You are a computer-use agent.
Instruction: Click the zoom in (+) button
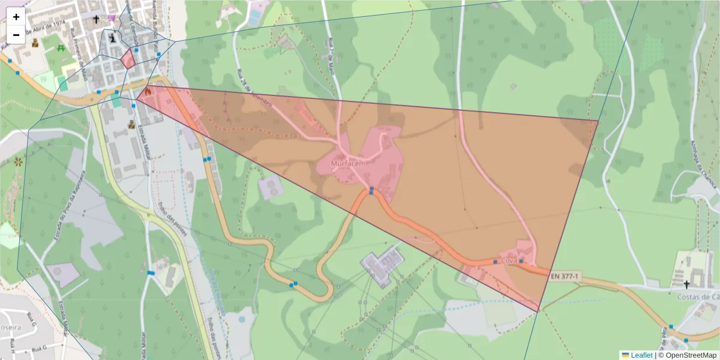point(16,17)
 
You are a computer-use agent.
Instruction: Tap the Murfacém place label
point(348,163)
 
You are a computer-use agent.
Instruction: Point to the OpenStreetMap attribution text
point(690,355)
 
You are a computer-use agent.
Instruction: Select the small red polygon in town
point(128,59)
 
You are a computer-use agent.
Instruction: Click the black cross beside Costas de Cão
point(686,284)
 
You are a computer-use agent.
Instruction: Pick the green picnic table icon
point(60,48)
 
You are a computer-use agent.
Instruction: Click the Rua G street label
point(38,348)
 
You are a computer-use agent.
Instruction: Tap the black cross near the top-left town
point(96,20)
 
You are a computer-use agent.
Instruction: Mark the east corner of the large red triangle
point(598,121)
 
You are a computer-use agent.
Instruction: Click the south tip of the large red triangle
point(538,311)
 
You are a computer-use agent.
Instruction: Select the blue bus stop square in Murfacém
point(372,191)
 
